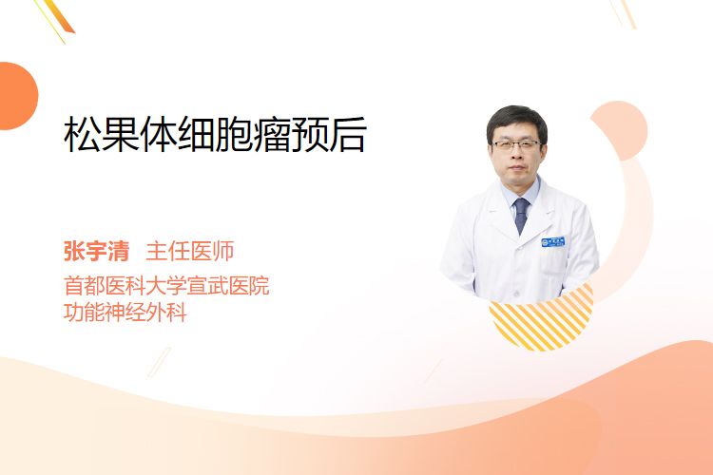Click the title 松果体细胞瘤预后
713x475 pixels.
(x=215, y=134)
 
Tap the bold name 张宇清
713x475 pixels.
(x=96, y=252)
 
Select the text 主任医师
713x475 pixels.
(x=190, y=252)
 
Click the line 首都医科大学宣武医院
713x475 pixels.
(x=166, y=286)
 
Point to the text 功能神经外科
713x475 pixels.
(x=125, y=313)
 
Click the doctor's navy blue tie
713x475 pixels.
(x=521, y=215)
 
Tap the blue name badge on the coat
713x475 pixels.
(x=553, y=242)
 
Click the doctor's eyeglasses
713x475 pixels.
(x=516, y=145)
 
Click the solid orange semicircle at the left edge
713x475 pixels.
(x=17, y=96)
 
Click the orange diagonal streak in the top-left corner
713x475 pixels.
(x=59, y=17)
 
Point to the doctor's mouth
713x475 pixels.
(x=517, y=168)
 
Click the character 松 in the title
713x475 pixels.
(x=83, y=134)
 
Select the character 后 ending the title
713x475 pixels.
(x=348, y=134)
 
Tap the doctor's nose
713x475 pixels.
(x=516, y=155)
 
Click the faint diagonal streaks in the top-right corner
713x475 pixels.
(x=624, y=13)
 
